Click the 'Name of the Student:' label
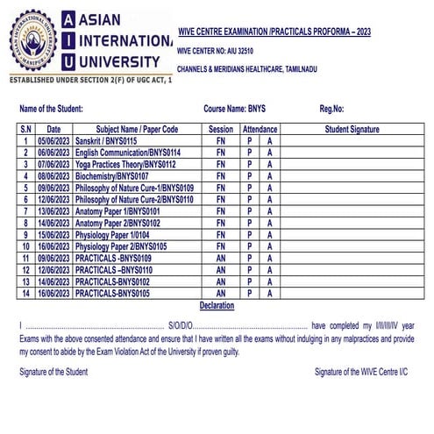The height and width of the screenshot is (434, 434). click(51, 109)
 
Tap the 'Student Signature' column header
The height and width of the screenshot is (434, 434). click(352, 129)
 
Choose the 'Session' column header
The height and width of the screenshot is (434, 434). click(221, 129)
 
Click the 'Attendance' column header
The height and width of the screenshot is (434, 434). click(260, 129)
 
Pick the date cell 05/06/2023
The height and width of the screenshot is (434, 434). click(53, 140)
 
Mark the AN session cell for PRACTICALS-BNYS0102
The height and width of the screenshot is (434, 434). click(221, 282)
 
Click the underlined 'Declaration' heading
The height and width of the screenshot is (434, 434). click(217, 305)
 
